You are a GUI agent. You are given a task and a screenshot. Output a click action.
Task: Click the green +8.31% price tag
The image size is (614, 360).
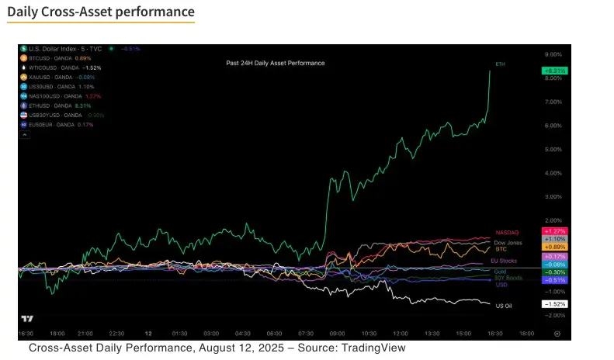(x=556, y=71)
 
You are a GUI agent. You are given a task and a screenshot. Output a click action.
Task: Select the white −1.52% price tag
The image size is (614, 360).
(x=556, y=304)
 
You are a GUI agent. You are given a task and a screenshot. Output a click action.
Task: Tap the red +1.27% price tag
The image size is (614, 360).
(x=556, y=231)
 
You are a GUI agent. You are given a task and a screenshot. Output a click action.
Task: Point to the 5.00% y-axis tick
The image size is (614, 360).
(x=553, y=149)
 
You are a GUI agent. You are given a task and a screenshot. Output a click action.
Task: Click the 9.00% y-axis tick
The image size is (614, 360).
(x=553, y=54)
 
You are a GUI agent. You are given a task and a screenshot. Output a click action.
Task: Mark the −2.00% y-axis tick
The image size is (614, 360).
(x=553, y=316)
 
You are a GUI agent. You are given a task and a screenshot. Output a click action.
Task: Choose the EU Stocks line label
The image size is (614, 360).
(x=505, y=261)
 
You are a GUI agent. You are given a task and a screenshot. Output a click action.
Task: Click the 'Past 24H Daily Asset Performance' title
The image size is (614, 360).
(x=275, y=63)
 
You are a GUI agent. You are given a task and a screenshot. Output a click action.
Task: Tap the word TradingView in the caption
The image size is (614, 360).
(x=373, y=348)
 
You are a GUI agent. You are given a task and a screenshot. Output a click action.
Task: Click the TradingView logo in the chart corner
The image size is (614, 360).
(x=27, y=318)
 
